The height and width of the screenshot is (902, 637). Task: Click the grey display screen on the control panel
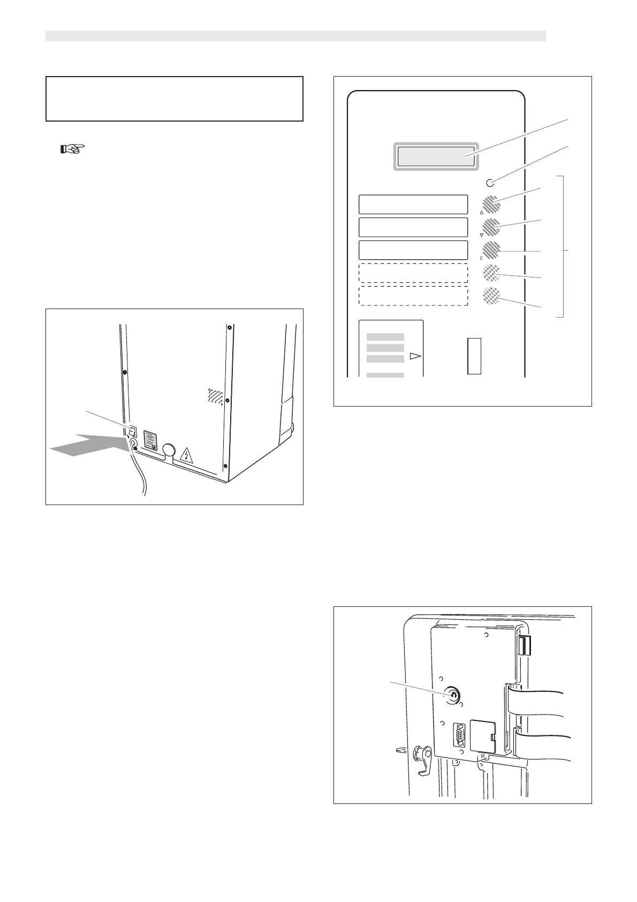436,156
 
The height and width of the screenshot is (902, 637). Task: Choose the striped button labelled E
491,250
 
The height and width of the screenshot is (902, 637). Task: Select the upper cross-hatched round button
491,273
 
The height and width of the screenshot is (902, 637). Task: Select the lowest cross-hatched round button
491,296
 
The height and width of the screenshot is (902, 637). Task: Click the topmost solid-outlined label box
413,205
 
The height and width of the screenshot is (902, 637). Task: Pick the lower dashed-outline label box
413,296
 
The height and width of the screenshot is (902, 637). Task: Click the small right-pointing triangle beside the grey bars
415,356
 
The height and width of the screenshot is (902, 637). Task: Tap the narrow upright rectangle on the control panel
474,356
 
